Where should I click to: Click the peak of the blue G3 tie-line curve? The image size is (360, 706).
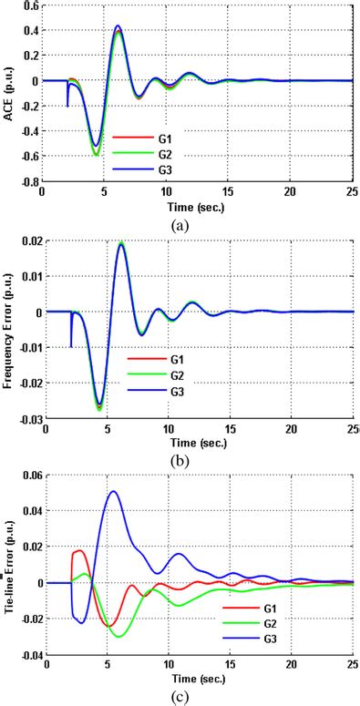tap(113, 492)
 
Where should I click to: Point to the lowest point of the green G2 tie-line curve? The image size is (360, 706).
tap(118, 636)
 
